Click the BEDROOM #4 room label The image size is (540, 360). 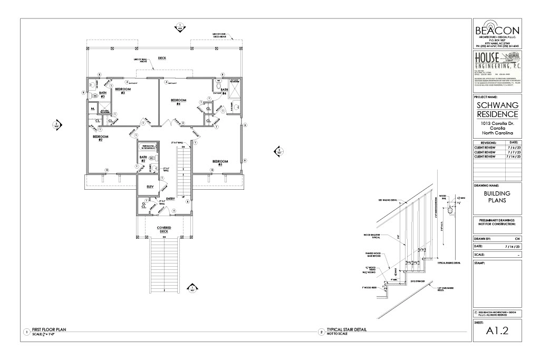pos(179,101)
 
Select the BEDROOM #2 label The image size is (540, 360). pos(100,138)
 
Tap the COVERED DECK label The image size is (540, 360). pos(163,230)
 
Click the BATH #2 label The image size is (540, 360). pos(142,158)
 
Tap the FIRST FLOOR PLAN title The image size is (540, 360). pos(50,330)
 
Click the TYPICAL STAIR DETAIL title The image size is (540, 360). pos(346,330)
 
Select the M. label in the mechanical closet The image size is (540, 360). pos(92,109)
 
